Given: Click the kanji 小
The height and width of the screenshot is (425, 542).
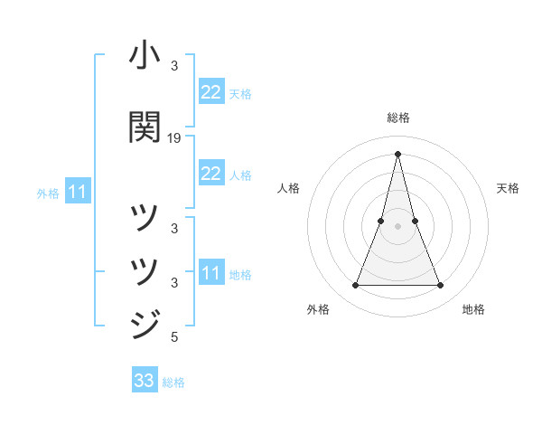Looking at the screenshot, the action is pyautogui.click(x=145, y=57).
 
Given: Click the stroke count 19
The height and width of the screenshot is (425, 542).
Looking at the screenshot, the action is pyautogui.click(x=174, y=138).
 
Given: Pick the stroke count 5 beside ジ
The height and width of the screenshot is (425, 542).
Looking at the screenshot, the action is pyautogui.click(x=174, y=338).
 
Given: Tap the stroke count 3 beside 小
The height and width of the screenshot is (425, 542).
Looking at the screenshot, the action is pyautogui.click(x=174, y=67).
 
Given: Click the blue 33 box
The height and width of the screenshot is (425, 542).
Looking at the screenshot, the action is pyautogui.click(x=145, y=381).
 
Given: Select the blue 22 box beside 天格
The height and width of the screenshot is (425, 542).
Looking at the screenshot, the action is pyautogui.click(x=210, y=92).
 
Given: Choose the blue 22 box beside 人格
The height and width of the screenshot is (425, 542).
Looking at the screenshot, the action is pyautogui.click(x=210, y=174).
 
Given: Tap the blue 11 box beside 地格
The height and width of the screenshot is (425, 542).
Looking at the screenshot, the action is pyautogui.click(x=210, y=273).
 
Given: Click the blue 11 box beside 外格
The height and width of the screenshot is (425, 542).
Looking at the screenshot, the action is pyautogui.click(x=78, y=192).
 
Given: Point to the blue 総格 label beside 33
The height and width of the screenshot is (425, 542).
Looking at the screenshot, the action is pyautogui.click(x=173, y=382).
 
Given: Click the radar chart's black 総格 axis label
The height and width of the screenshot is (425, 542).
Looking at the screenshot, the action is pyautogui.click(x=397, y=118).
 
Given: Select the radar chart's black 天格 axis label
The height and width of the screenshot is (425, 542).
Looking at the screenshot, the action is pyautogui.click(x=508, y=188).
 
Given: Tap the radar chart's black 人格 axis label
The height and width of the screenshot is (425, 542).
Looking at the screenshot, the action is pyautogui.click(x=288, y=188).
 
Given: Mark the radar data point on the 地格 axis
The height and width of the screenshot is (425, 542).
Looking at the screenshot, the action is pyautogui.click(x=441, y=286).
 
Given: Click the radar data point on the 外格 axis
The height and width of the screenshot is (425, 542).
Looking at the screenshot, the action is pyautogui.click(x=355, y=286).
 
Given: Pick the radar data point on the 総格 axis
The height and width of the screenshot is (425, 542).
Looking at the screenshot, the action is pyautogui.click(x=397, y=153).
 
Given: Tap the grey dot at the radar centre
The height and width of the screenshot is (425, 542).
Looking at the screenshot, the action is pyautogui.click(x=397, y=226).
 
